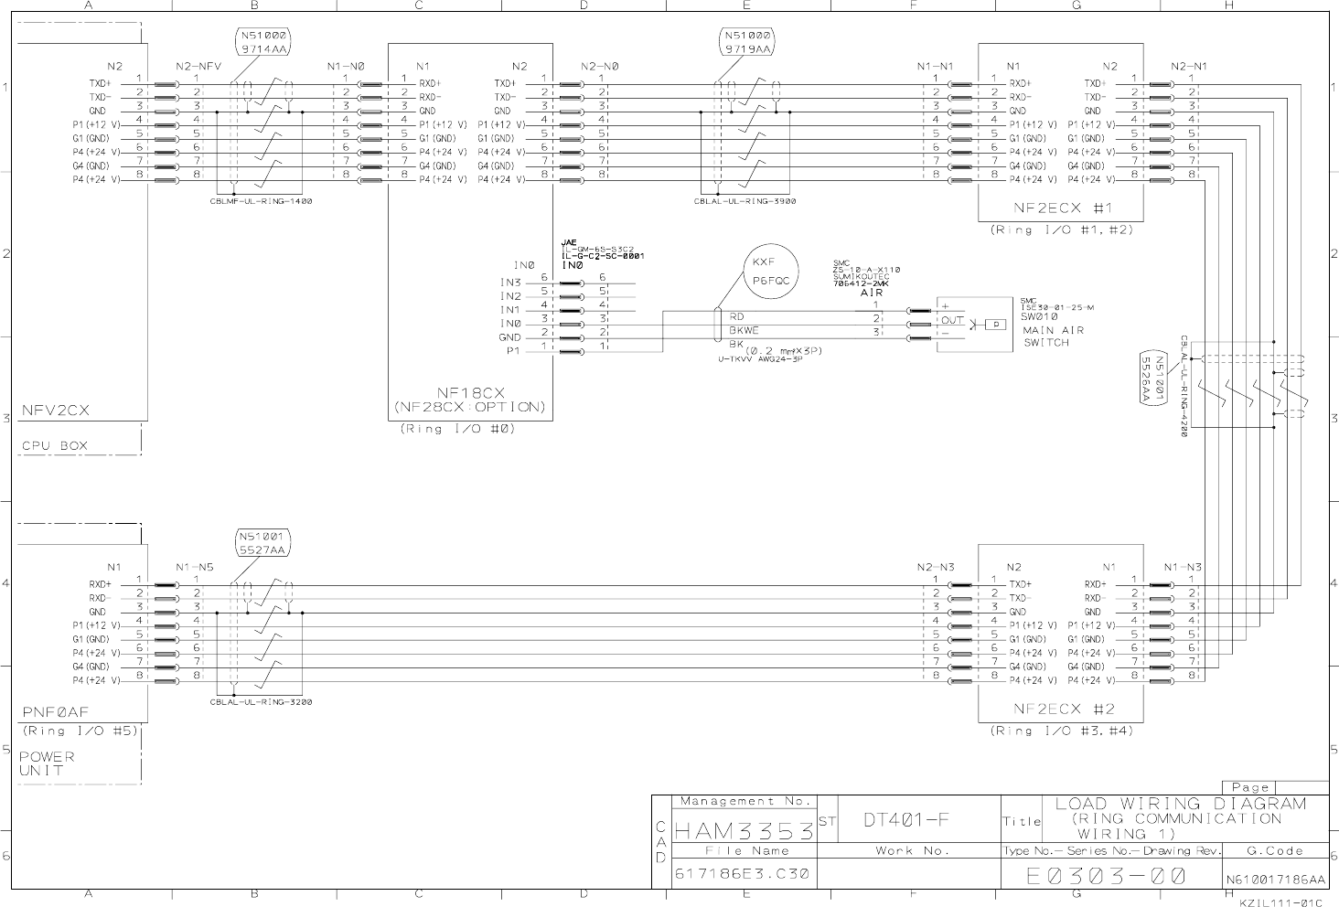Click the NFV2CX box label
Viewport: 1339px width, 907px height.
[56, 411]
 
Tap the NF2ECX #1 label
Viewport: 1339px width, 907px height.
[1062, 208]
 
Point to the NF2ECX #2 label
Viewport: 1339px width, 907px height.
[1062, 709]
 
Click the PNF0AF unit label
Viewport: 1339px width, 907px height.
[55, 711]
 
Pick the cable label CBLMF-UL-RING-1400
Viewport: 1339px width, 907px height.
[261, 201]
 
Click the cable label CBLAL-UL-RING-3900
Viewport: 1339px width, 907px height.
[744, 201]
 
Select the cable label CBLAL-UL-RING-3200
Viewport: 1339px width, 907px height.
[261, 702]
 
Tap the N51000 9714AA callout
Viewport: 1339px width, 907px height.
[264, 43]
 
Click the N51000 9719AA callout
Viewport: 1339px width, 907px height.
[748, 43]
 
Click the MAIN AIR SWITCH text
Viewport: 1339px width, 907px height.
[1053, 336]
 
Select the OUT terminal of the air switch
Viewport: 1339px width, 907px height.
[952, 321]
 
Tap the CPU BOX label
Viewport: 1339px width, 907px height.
[55, 446]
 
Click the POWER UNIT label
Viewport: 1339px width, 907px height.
[47, 763]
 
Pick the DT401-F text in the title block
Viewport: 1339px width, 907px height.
[905, 819]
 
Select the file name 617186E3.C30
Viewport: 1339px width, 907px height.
[742, 874]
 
